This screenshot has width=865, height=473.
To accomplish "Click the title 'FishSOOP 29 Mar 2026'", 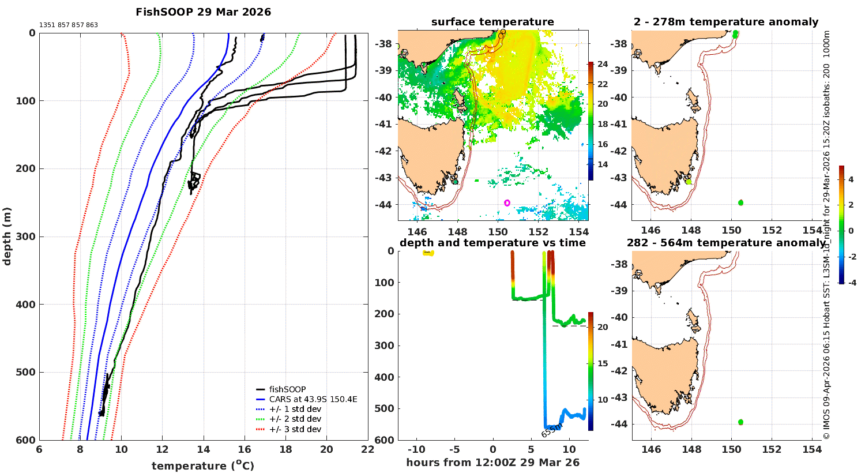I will (203, 12).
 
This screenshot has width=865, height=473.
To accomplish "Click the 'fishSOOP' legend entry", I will (287, 389).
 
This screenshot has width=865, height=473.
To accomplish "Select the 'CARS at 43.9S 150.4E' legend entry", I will (313, 399).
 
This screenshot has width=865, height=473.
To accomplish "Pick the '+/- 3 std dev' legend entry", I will (295, 429).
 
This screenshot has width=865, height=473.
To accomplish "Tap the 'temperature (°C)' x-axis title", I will (202, 466).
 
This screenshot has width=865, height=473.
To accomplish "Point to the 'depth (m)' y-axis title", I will (7, 236).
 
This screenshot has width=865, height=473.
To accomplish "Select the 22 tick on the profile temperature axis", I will (367, 450).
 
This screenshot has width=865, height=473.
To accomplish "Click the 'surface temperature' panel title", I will (492, 22).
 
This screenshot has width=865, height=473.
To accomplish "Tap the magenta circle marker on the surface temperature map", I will (507, 203).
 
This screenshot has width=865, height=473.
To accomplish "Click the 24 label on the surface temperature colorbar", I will (603, 64).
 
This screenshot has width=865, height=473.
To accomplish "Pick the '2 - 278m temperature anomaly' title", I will (725, 22).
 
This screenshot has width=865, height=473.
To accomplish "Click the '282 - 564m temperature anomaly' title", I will (725, 243).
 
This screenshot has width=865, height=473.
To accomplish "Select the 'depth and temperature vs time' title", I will (492, 243).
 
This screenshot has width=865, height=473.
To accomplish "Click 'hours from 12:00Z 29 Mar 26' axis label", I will (492, 463).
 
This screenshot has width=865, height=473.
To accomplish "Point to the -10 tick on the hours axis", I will (416, 450).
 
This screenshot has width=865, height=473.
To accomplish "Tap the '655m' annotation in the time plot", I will (551, 430).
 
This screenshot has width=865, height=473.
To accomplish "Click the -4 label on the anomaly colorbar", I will (851, 283).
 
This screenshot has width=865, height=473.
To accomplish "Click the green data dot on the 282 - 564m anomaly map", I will (740, 422).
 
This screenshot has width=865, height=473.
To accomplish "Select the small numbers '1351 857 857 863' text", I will (69, 25).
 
